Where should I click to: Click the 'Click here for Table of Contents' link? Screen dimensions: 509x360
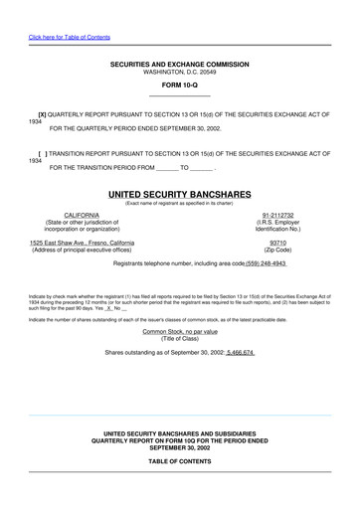[69, 37]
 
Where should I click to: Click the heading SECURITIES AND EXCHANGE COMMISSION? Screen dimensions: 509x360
[179, 65]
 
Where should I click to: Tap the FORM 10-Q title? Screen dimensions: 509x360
[179, 86]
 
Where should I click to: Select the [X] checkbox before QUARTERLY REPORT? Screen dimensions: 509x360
[43, 115]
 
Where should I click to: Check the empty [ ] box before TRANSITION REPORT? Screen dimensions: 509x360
[42, 154]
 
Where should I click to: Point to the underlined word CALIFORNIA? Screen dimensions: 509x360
[82, 215]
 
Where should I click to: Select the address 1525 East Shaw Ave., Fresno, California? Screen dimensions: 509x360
[95, 243]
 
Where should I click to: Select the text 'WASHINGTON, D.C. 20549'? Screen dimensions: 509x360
[179, 73]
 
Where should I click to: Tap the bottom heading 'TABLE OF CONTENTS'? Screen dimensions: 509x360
[179, 462]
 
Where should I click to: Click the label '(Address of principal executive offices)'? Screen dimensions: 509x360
[95, 250]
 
